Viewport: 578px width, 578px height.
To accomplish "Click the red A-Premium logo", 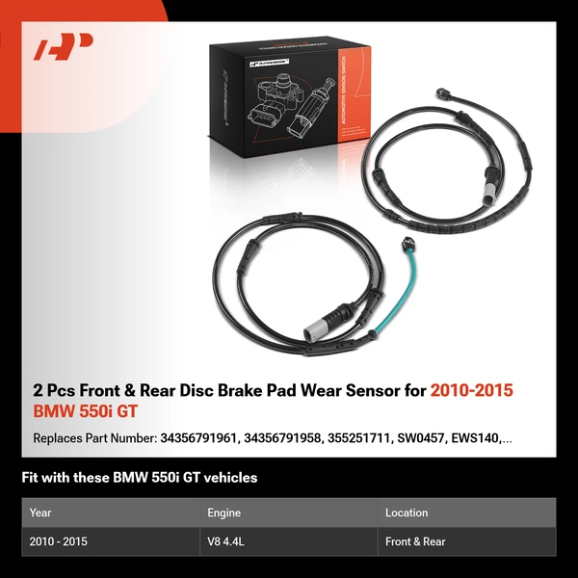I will [65, 47].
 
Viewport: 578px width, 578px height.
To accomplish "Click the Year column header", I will [40, 512].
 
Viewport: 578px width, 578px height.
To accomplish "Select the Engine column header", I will [223, 512].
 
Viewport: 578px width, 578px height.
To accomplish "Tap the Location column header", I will [407, 512].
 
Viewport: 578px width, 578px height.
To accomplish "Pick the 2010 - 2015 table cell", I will [59, 541].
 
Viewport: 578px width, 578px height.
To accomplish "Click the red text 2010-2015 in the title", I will [472, 390].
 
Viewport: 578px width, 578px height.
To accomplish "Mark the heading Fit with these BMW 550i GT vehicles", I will [140, 477].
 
